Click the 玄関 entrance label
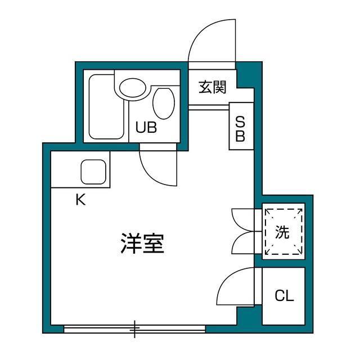(x=212, y=87)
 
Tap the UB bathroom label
(x=146, y=128)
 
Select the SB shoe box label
(x=240, y=129)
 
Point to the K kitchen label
(x=81, y=200)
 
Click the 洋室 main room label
(x=142, y=243)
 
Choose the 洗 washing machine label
(x=282, y=232)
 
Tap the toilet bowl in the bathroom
(x=163, y=103)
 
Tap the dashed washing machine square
(x=283, y=231)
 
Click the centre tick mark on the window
(x=135, y=328)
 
